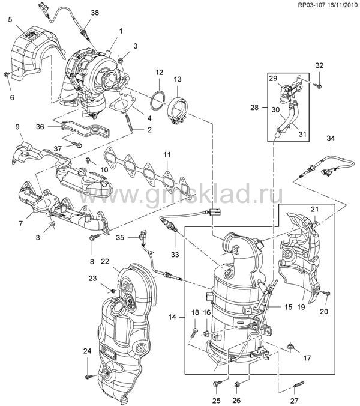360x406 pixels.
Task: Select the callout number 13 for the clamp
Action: [x=178, y=79]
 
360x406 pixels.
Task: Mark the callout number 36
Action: [x=41, y=126]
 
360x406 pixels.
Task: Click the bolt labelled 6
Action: [x=6, y=74]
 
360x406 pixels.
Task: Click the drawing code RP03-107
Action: [x=297, y=6]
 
